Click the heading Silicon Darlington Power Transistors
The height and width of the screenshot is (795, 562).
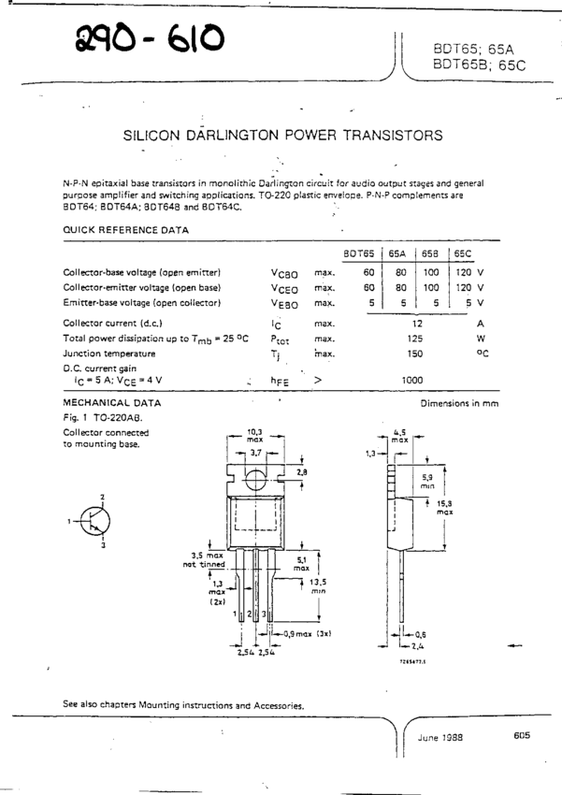click(x=283, y=135)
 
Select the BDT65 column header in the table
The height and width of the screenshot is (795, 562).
click(x=358, y=253)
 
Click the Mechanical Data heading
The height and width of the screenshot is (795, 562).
click(x=111, y=403)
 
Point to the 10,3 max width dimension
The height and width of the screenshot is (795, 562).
click(x=254, y=435)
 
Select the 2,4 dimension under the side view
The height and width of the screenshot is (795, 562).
click(x=416, y=645)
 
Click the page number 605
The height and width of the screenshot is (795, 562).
click(x=522, y=735)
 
